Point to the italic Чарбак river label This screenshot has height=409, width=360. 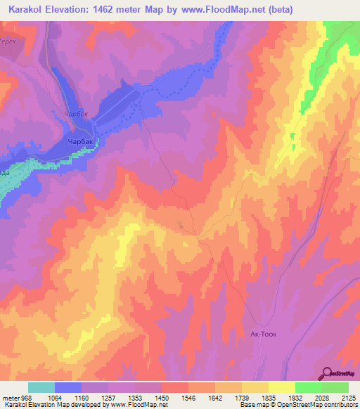(75, 113)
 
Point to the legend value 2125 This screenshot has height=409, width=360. (347, 397)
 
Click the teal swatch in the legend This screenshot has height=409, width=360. (41, 387)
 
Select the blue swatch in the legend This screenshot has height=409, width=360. (68, 387)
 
